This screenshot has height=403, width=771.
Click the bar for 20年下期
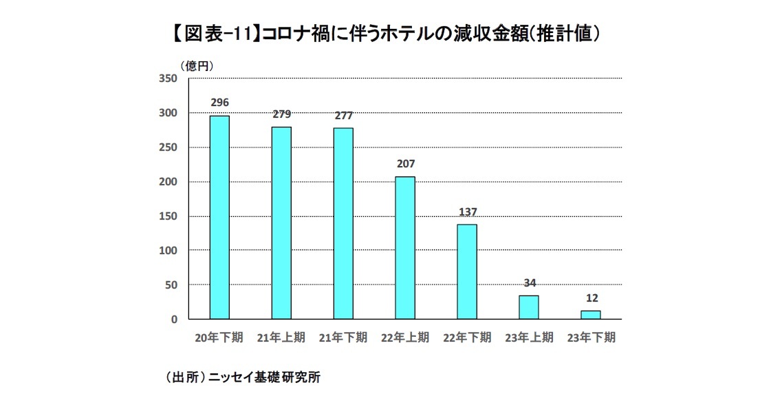(219, 217)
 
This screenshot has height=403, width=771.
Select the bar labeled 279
(281, 223)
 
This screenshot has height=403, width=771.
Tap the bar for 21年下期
(343, 223)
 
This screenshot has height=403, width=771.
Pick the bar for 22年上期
(405, 247)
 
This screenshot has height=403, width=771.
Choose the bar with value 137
(467, 271)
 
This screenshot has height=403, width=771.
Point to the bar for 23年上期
(529, 307)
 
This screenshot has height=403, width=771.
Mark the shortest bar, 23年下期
(591, 315)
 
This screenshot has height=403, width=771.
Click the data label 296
(219, 103)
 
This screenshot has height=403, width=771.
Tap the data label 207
(405, 164)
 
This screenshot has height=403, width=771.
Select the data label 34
(529, 282)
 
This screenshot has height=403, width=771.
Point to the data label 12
(591, 298)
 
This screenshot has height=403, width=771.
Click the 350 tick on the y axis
(169, 79)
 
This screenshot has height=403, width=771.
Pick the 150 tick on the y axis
(169, 216)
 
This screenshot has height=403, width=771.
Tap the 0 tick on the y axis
(174, 320)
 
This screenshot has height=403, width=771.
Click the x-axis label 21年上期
(281, 338)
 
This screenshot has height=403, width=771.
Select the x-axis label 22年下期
(467, 338)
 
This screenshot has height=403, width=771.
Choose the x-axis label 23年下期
(591, 338)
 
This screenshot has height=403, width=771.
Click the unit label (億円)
(198, 66)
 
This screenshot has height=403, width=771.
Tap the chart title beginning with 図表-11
(385, 33)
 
